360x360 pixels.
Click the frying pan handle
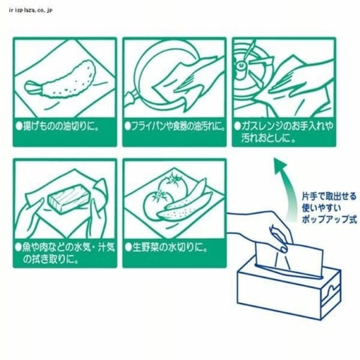pyautogui.click(x=130, y=101)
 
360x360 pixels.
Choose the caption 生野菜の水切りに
pyautogui.click(x=166, y=248)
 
